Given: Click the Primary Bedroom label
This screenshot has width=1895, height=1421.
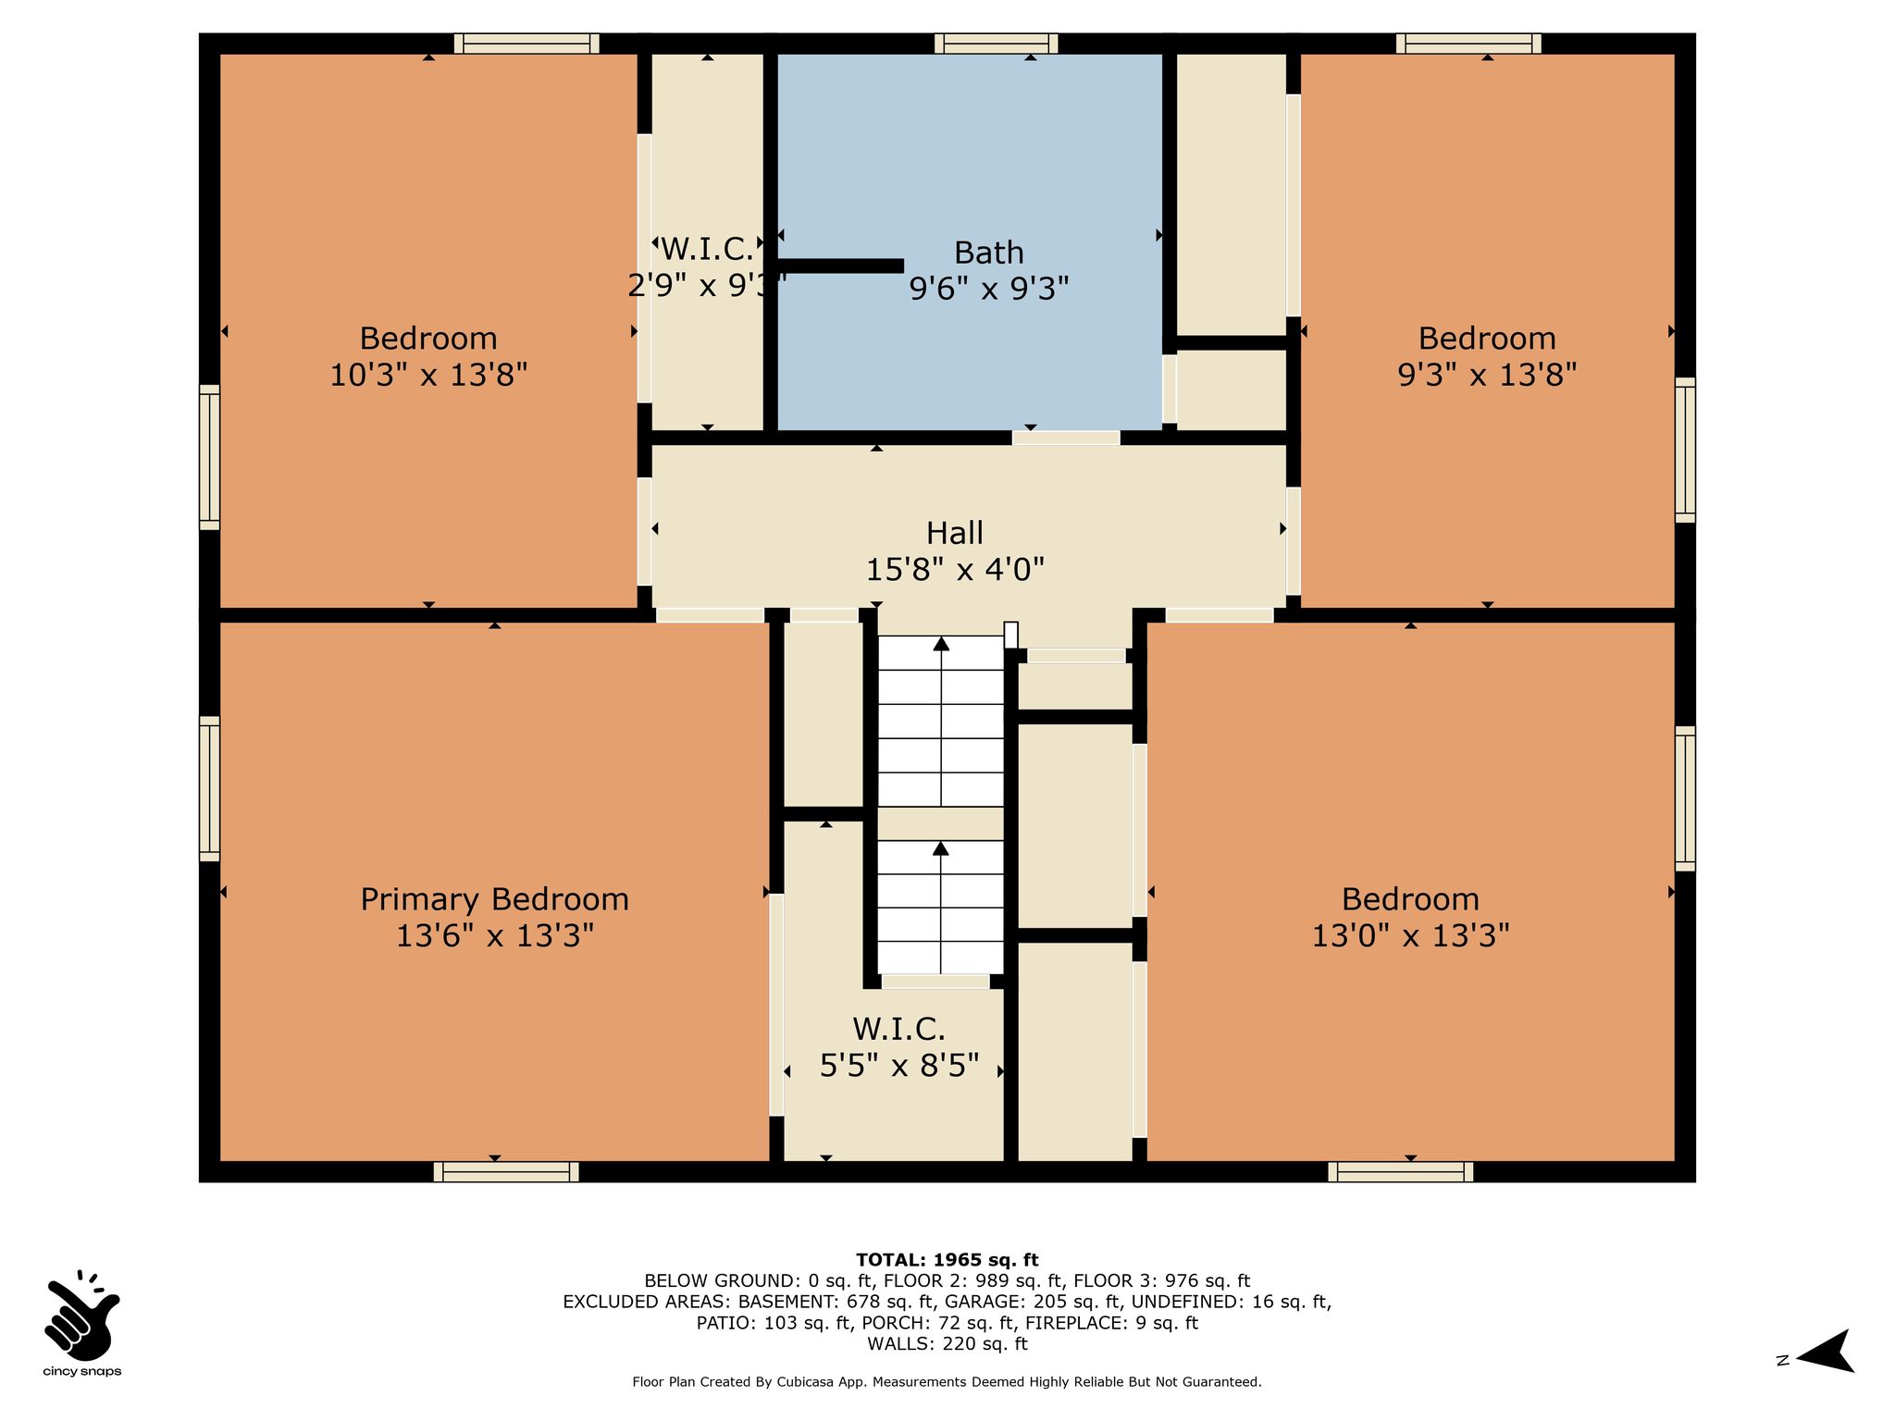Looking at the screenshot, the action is (x=494, y=899).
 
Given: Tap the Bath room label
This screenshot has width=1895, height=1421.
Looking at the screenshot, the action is (x=989, y=253).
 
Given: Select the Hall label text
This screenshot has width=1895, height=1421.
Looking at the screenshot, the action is (x=955, y=533).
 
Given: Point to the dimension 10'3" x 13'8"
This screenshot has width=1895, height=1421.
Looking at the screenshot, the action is (x=428, y=376).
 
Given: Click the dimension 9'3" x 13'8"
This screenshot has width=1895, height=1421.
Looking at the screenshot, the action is (x=1487, y=376).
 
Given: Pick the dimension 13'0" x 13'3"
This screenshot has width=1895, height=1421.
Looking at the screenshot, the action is (x=1410, y=936).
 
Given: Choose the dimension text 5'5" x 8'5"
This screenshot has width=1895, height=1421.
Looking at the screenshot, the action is (x=899, y=1066).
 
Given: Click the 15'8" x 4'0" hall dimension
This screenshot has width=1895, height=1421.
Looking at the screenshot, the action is (x=955, y=570).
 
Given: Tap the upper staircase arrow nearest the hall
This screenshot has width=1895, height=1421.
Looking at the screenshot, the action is (x=941, y=722).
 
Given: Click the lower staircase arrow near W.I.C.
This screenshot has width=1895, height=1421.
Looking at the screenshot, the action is (x=941, y=907).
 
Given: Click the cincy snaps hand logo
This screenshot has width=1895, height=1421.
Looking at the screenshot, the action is (x=81, y=1315).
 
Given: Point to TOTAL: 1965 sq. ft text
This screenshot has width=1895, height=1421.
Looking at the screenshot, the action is (x=947, y=1260).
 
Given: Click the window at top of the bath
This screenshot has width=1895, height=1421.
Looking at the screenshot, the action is (x=996, y=43).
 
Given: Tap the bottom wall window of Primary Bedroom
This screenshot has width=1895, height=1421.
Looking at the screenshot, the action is (x=506, y=1172).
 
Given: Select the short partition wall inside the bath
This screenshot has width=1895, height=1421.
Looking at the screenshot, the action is (x=840, y=266).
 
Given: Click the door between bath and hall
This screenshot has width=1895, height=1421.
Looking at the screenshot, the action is (x=1066, y=438).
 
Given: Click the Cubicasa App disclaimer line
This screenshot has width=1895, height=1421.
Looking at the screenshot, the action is (x=947, y=1382).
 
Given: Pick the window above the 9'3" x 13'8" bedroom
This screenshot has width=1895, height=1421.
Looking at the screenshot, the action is (x=1468, y=43).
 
